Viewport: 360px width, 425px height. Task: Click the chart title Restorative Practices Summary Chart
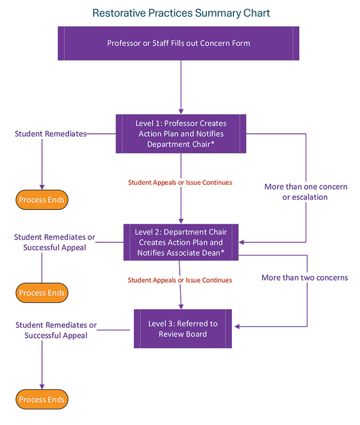181,13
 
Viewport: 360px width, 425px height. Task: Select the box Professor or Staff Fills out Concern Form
178,43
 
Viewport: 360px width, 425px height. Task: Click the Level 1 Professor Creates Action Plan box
181,134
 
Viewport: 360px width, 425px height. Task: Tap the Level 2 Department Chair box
181,242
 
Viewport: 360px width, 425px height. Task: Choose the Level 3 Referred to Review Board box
182,329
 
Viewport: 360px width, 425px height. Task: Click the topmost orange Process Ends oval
41,200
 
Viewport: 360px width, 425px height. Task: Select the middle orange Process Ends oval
41,293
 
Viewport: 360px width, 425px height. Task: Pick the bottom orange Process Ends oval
41,399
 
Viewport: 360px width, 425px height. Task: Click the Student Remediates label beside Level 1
51,134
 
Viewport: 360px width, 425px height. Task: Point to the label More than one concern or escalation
306,192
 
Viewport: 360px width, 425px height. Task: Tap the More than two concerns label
304,277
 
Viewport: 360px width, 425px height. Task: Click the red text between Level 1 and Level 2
180,182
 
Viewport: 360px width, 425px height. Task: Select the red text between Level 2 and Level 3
180,280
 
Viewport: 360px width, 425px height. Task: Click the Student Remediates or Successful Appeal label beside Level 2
55,242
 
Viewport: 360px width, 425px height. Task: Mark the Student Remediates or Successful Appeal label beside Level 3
56,330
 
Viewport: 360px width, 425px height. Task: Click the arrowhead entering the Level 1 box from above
181,110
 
